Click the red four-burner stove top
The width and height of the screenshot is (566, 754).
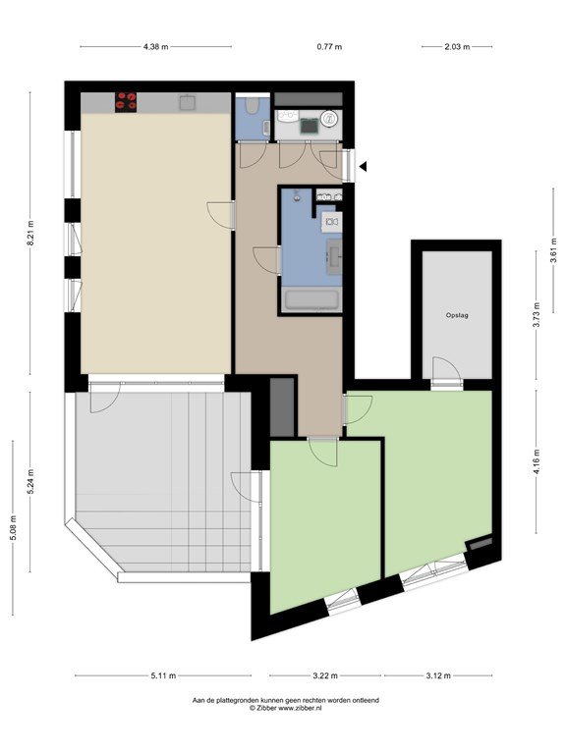[x=126, y=102]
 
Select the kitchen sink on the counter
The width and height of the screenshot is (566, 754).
[x=187, y=102]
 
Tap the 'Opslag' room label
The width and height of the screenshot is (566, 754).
[x=457, y=315]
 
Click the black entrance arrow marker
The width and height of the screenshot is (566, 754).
[x=363, y=166]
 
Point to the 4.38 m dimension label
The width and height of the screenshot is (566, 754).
[x=156, y=47]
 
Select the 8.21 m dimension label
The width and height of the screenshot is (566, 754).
[x=29, y=234]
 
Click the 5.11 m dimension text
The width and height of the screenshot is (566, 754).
[x=163, y=675]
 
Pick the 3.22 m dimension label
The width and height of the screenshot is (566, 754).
[x=325, y=675]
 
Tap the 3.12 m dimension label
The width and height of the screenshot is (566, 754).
[x=438, y=675]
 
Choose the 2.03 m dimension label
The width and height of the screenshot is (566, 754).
[x=457, y=47]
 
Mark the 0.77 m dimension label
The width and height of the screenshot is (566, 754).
[x=329, y=47]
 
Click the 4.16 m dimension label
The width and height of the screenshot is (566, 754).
[x=537, y=461]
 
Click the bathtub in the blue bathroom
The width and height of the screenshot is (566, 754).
[x=311, y=300]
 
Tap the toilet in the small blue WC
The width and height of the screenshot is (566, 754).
[x=253, y=105]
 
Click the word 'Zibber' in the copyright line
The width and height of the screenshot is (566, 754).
[x=264, y=708]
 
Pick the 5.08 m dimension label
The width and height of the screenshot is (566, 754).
[x=13, y=527]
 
